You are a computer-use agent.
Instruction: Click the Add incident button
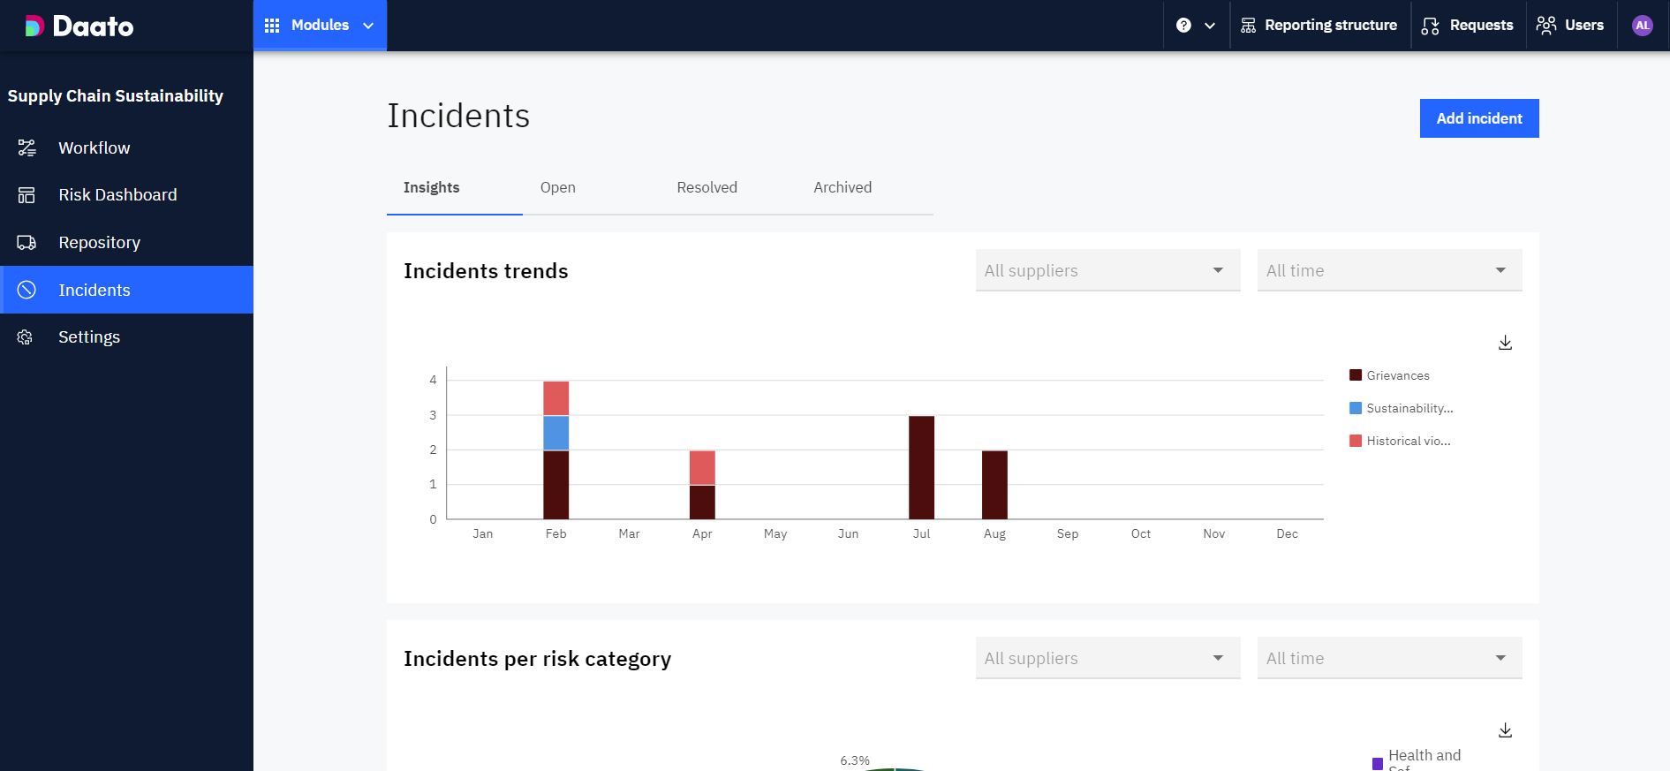pos(1478,118)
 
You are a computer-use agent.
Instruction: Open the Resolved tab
pos(707,187)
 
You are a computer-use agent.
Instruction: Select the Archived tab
pos(842,187)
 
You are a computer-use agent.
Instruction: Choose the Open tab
pos(557,187)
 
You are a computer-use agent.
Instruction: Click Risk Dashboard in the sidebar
pos(117,195)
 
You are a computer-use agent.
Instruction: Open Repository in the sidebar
pos(99,243)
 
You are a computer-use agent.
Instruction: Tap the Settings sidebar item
pos(88,337)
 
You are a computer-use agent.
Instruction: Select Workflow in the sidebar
pos(94,148)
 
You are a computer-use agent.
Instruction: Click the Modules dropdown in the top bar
pos(320,26)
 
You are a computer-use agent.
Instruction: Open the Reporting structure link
pos(1319,26)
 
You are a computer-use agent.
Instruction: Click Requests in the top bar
pos(1468,26)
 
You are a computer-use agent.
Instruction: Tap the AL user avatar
pos(1642,26)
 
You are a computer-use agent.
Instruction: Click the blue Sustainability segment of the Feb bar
pos(555,433)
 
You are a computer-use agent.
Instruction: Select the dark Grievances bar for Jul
pos(921,467)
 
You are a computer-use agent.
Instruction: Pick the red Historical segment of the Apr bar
pos(702,467)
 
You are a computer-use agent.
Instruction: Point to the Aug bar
pos(994,485)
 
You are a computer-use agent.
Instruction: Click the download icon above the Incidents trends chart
pos(1505,343)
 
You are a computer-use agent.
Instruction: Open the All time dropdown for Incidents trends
pos(1389,270)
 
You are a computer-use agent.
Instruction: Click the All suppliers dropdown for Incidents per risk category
pos(1107,658)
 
